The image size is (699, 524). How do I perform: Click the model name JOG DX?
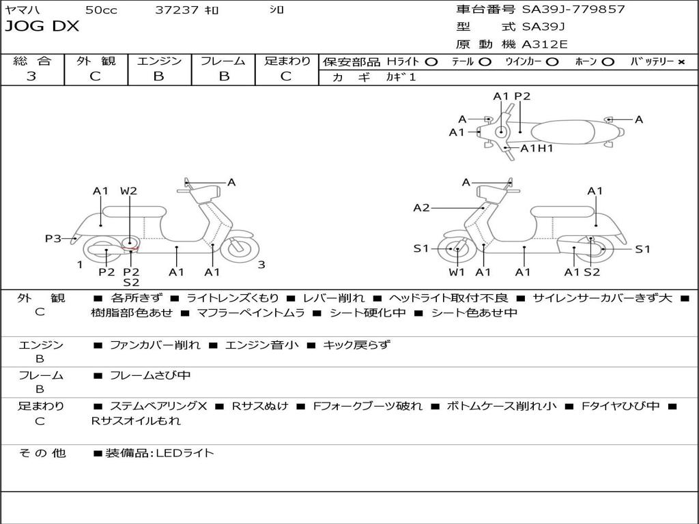pos(42,27)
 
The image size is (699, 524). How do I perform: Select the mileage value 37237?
pos(177,10)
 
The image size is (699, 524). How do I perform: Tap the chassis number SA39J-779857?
pos(573,10)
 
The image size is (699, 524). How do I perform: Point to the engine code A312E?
pos(545,45)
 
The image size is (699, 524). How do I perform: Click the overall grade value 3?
pos(31,76)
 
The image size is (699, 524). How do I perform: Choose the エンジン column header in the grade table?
pos(159,61)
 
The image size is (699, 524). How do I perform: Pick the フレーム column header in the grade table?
pos(223,61)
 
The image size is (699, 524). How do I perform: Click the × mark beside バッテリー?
pos(681,61)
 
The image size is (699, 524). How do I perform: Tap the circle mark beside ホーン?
pos(608,61)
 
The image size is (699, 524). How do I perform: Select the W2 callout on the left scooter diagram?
pos(128,191)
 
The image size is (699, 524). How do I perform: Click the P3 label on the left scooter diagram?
pos(53,239)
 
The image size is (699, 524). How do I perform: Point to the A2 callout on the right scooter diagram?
pos(421,208)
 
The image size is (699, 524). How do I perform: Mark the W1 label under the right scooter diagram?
pos(457,272)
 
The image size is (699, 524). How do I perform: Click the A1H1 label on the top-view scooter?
pos(537,148)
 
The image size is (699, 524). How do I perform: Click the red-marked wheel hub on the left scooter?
pos(130,242)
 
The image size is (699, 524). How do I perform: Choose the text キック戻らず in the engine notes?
pos(356,345)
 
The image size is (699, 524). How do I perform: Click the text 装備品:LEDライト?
pos(160,452)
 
